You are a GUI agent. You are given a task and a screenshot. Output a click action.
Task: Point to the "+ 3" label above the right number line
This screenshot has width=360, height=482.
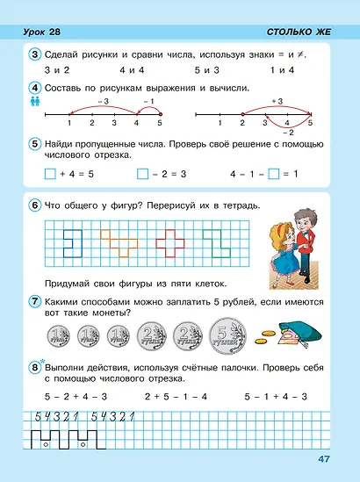click(279, 102)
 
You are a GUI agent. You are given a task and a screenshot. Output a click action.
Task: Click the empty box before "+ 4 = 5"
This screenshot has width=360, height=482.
click(49, 173)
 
